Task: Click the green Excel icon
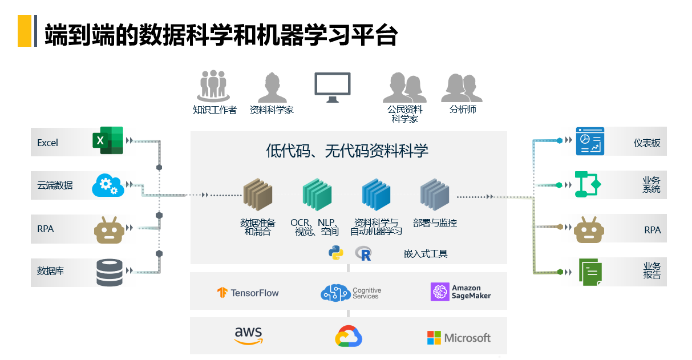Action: (108, 141)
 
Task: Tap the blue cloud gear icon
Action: (108, 185)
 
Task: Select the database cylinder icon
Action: (110, 272)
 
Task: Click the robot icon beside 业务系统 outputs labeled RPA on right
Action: (589, 229)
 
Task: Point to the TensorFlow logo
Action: (248, 293)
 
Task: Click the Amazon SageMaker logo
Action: (461, 292)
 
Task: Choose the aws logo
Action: (248, 335)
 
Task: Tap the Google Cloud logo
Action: (349, 337)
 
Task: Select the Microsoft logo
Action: (459, 338)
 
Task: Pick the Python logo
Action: (336, 253)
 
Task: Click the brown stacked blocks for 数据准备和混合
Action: (258, 195)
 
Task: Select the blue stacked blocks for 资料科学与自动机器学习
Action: (376, 195)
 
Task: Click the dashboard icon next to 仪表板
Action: (589, 141)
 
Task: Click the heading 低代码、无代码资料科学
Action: (347, 151)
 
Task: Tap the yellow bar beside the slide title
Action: (25, 31)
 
